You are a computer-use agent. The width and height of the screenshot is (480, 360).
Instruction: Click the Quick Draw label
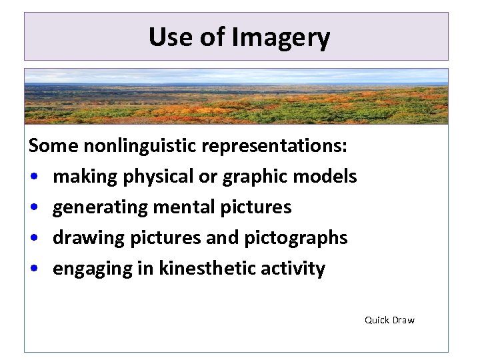[x=389, y=320]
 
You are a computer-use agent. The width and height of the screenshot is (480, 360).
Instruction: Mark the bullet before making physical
[x=33, y=177]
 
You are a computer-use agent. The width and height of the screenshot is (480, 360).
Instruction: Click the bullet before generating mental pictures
[x=33, y=208]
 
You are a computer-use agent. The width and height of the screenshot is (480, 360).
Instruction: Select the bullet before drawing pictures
[x=33, y=239]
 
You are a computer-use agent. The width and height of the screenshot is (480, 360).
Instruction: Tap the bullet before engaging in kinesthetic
[x=33, y=269]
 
